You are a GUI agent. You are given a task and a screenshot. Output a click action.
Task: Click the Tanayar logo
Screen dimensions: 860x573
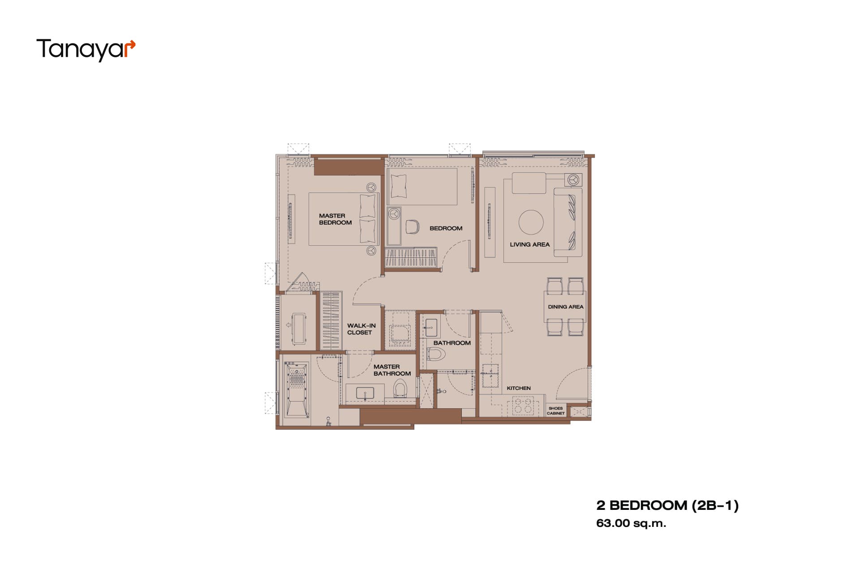(86, 49)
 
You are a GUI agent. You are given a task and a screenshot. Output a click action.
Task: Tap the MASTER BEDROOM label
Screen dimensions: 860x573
(335, 219)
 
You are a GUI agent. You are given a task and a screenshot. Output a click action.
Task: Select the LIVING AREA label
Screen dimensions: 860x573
(529, 244)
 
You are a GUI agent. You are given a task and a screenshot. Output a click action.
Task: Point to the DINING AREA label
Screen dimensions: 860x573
(566, 307)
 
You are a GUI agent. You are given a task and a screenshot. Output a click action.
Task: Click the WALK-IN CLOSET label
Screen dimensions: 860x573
(361, 329)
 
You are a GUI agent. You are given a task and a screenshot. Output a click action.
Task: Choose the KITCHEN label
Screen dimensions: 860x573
(519, 388)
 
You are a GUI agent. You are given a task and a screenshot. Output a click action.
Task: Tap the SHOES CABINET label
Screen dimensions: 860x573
(555, 411)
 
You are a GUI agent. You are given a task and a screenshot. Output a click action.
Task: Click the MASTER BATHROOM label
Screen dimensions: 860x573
(392, 370)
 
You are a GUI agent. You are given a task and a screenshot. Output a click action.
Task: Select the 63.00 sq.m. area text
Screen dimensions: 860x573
(631, 523)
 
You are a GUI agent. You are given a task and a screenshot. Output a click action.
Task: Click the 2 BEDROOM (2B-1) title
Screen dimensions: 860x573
(667, 505)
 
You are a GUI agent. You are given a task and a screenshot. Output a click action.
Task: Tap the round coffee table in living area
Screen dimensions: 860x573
(531, 222)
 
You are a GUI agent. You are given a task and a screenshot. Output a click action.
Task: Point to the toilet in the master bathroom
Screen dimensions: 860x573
(400, 389)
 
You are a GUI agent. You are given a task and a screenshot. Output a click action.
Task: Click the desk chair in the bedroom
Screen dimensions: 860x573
(412, 227)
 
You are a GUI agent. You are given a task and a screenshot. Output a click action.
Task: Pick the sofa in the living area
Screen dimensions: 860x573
(568, 222)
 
